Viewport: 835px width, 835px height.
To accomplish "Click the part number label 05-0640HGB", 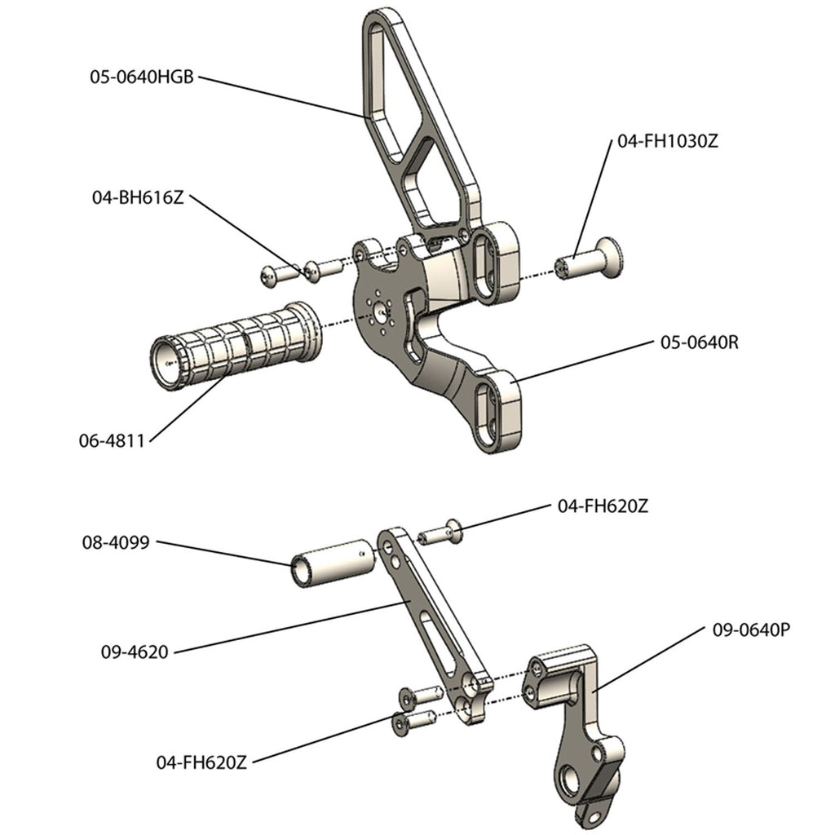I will tap(142, 77).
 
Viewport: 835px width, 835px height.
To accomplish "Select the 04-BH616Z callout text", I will tap(137, 197).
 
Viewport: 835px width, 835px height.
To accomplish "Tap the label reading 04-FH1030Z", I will tap(668, 140).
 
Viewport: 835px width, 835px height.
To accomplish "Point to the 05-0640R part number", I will tap(699, 342).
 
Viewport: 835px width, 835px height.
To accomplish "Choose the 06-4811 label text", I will tap(111, 441).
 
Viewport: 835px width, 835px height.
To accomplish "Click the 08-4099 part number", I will tap(114, 541).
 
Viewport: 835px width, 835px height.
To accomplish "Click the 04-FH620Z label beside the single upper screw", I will tap(603, 506).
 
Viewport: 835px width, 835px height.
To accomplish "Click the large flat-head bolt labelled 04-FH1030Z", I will tap(589, 260).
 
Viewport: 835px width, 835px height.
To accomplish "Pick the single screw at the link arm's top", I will tap(441, 534).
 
